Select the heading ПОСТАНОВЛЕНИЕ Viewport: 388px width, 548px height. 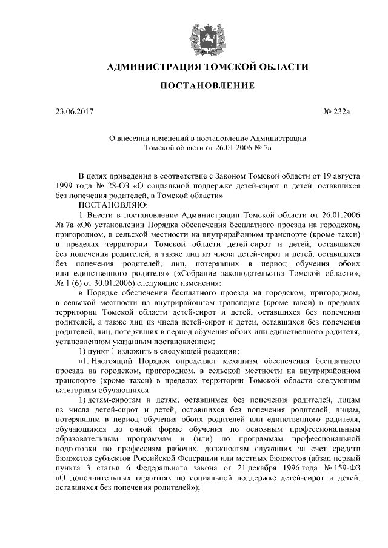pos(206,87)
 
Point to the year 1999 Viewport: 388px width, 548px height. pos(65,186)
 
